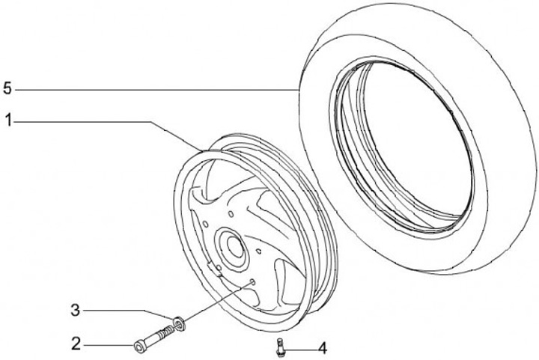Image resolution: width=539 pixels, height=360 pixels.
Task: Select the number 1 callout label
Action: coord(7,120)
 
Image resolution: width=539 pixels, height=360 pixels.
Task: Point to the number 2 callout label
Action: coord(76,344)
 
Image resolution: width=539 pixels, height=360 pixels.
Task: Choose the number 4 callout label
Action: coord(321,348)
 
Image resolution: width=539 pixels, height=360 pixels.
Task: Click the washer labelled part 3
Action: coord(179,323)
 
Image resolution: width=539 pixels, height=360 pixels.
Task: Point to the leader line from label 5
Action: coord(150,90)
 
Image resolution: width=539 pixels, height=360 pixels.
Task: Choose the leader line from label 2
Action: coord(105,344)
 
